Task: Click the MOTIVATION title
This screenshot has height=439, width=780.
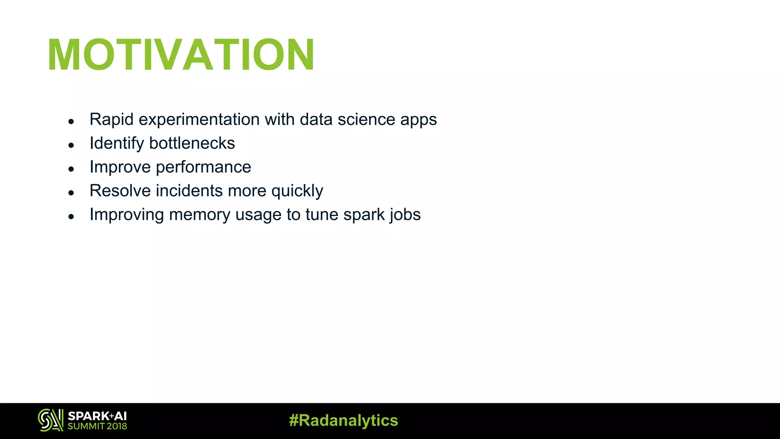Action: [181, 55]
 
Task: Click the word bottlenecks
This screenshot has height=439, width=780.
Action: [192, 143]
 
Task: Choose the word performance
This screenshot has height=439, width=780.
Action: [203, 167]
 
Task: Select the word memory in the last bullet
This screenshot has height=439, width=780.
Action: [200, 215]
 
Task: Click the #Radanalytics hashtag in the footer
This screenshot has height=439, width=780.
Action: [344, 420]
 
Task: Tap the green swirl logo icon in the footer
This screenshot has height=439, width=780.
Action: [50, 420]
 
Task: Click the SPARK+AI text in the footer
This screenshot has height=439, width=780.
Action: [97, 416]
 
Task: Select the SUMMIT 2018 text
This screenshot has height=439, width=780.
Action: [97, 426]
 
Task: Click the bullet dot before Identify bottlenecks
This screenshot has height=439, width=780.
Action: [71, 145]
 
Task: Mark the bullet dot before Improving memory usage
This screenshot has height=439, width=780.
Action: [71, 216]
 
